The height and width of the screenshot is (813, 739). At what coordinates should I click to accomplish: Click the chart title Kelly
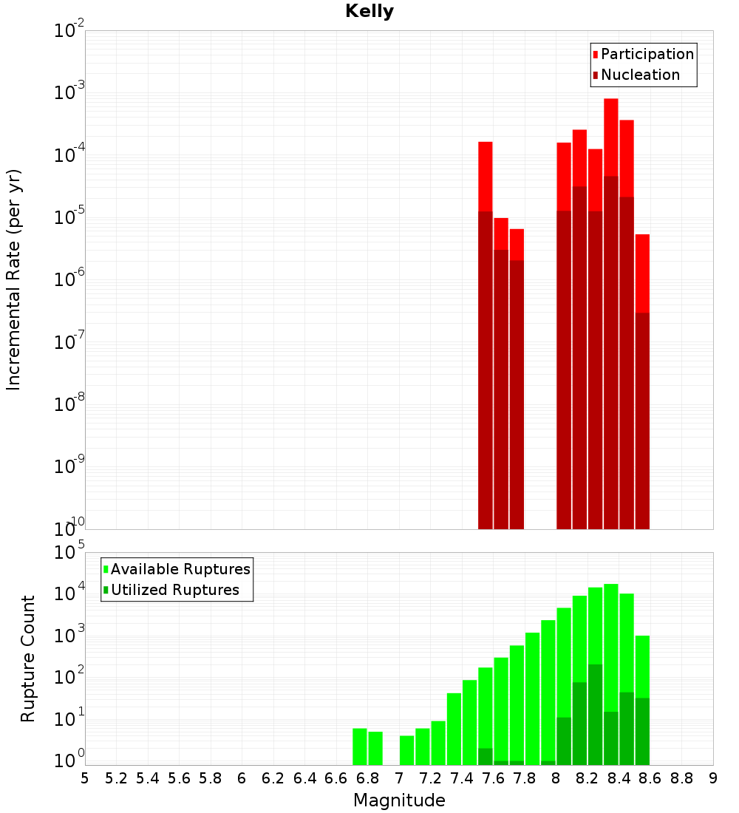pyautogui.click(x=369, y=12)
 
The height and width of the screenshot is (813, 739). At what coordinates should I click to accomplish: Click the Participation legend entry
pyautogui.click(x=647, y=54)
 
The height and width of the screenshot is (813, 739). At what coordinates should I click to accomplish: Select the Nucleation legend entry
pyautogui.click(x=640, y=75)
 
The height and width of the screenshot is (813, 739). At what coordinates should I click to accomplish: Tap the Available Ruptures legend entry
pyautogui.click(x=180, y=569)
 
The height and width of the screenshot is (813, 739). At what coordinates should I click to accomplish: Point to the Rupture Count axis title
pyautogui.click(x=28, y=659)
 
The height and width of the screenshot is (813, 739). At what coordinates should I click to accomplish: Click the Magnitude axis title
pyautogui.click(x=399, y=800)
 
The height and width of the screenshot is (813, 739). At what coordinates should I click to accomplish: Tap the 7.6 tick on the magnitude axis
pyautogui.click(x=493, y=778)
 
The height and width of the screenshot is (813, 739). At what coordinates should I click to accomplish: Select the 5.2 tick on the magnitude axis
pyautogui.click(x=116, y=778)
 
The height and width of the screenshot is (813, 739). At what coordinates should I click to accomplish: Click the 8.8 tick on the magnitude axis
pyautogui.click(x=681, y=778)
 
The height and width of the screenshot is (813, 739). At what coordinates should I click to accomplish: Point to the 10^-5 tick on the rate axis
pyautogui.click(x=69, y=217)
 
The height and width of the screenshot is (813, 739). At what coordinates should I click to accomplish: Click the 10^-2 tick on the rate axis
pyautogui.click(x=69, y=31)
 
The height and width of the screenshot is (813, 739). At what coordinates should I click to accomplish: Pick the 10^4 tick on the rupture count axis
pyautogui.click(x=69, y=594)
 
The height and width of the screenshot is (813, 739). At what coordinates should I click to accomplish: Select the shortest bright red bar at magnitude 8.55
pyautogui.click(x=642, y=273)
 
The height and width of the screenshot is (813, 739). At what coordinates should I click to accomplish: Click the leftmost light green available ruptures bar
pyautogui.click(x=360, y=746)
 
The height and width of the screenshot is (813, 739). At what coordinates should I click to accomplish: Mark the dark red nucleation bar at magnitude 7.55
pyautogui.click(x=486, y=370)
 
